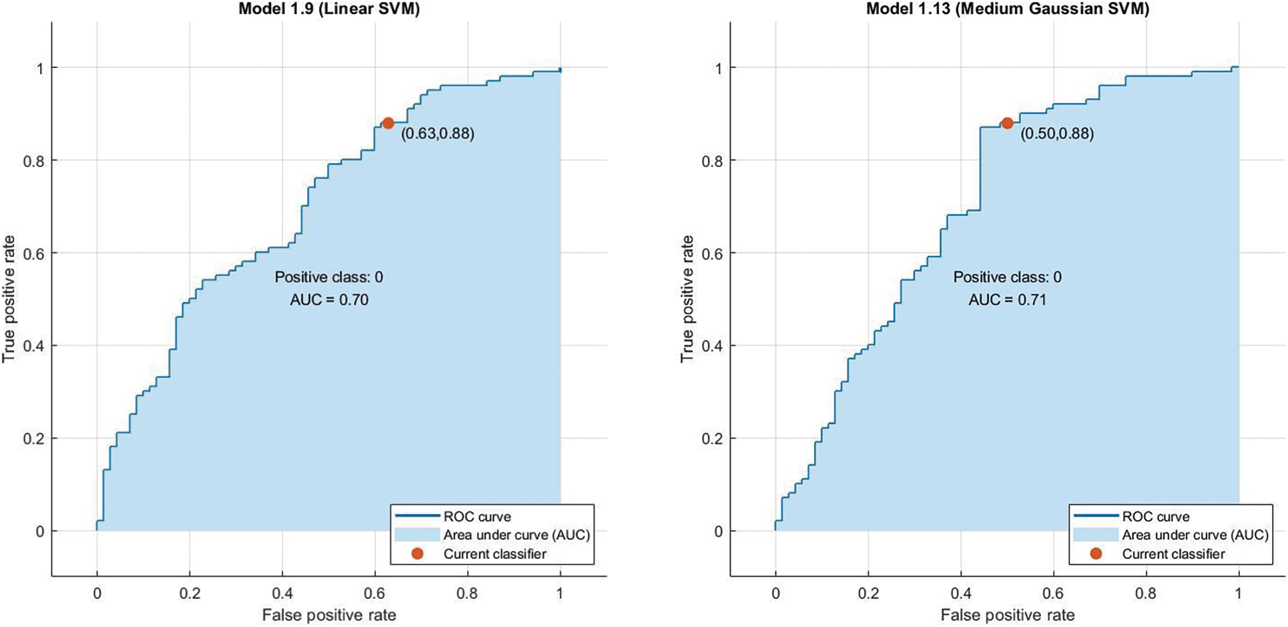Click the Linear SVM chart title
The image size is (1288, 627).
[x=329, y=9]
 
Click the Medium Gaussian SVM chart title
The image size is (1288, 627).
[x=1007, y=9]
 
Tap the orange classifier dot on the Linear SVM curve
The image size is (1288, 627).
[x=388, y=123]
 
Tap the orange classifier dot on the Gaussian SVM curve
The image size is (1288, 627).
[x=1007, y=123]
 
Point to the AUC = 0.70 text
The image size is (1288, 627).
[x=329, y=300]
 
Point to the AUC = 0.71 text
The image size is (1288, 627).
[x=1007, y=300]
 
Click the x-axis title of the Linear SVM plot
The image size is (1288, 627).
[x=329, y=614]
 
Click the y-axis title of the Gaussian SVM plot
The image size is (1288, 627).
[x=687, y=299]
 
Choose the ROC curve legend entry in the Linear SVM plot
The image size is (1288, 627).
[x=476, y=516]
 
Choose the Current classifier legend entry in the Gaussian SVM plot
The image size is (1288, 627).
[x=1173, y=554]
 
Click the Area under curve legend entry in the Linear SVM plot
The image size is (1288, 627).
[x=516, y=535]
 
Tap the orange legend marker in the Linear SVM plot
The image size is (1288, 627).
[x=417, y=554]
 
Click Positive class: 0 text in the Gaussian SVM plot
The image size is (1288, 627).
[x=1007, y=277]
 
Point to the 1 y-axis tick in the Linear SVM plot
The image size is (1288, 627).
[x=41, y=68]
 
